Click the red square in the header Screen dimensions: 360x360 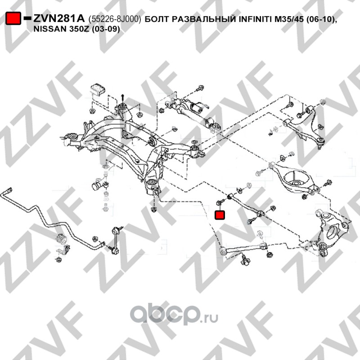pos(13,18)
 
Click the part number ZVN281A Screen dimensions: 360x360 pos(59,18)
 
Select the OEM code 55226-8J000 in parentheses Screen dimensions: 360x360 pos(115,19)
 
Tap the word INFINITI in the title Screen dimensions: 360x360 pos(255,19)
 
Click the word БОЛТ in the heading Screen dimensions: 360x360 pos(157,19)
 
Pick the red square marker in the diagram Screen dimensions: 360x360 pos(220,215)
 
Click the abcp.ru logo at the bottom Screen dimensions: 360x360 pos(174,314)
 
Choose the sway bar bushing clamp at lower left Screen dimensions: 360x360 pos(62,243)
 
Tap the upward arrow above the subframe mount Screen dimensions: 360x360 pos(122,98)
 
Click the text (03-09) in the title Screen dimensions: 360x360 pos(106,29)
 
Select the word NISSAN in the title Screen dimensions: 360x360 pos(50,29)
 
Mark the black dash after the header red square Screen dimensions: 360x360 pos(27,18)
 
